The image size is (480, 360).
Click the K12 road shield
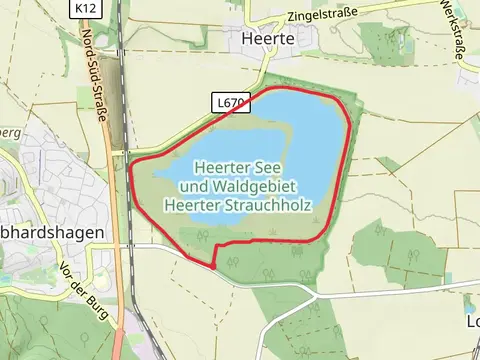(85, 8)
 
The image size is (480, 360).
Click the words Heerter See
(236, 167)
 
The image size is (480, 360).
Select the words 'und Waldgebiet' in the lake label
(236, 186)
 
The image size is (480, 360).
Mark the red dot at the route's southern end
(213, 266)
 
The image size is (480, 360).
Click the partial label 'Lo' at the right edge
(472, 323)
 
